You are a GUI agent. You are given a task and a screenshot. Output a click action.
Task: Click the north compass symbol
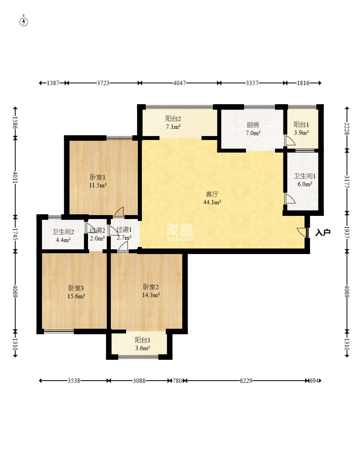coord(24,22)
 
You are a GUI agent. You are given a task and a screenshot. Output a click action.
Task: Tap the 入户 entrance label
coord(322,233)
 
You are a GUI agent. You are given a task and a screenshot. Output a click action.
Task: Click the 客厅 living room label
coord(212,194)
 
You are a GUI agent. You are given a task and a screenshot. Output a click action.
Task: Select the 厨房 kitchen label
coord(253,125)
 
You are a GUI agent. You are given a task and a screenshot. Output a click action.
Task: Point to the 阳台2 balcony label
coord(173,119)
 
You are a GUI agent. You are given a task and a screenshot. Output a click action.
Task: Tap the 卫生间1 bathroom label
coord(305,176)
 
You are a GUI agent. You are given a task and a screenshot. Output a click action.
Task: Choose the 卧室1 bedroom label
coord(97,177)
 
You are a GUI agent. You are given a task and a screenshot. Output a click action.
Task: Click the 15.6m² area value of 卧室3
coord(76,296)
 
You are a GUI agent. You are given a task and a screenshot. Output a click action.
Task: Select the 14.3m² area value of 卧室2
coord(151,295)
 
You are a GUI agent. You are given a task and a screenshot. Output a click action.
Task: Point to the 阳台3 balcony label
coord(142,340)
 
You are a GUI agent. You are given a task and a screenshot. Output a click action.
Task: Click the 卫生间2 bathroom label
coord(63,232)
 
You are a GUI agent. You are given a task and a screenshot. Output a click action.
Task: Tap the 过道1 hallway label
coord(124,229)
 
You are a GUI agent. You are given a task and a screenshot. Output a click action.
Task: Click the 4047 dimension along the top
coord(180,83)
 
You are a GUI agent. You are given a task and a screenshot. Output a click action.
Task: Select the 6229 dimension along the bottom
coord(246,381)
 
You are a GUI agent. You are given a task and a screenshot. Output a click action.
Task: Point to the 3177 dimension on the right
coord(347,181)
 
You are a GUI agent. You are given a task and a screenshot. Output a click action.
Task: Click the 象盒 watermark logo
coord(180,232)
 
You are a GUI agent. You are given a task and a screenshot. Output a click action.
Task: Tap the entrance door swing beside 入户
coord(301,232)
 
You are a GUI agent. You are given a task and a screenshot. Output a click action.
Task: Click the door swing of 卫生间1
coord(290,199)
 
